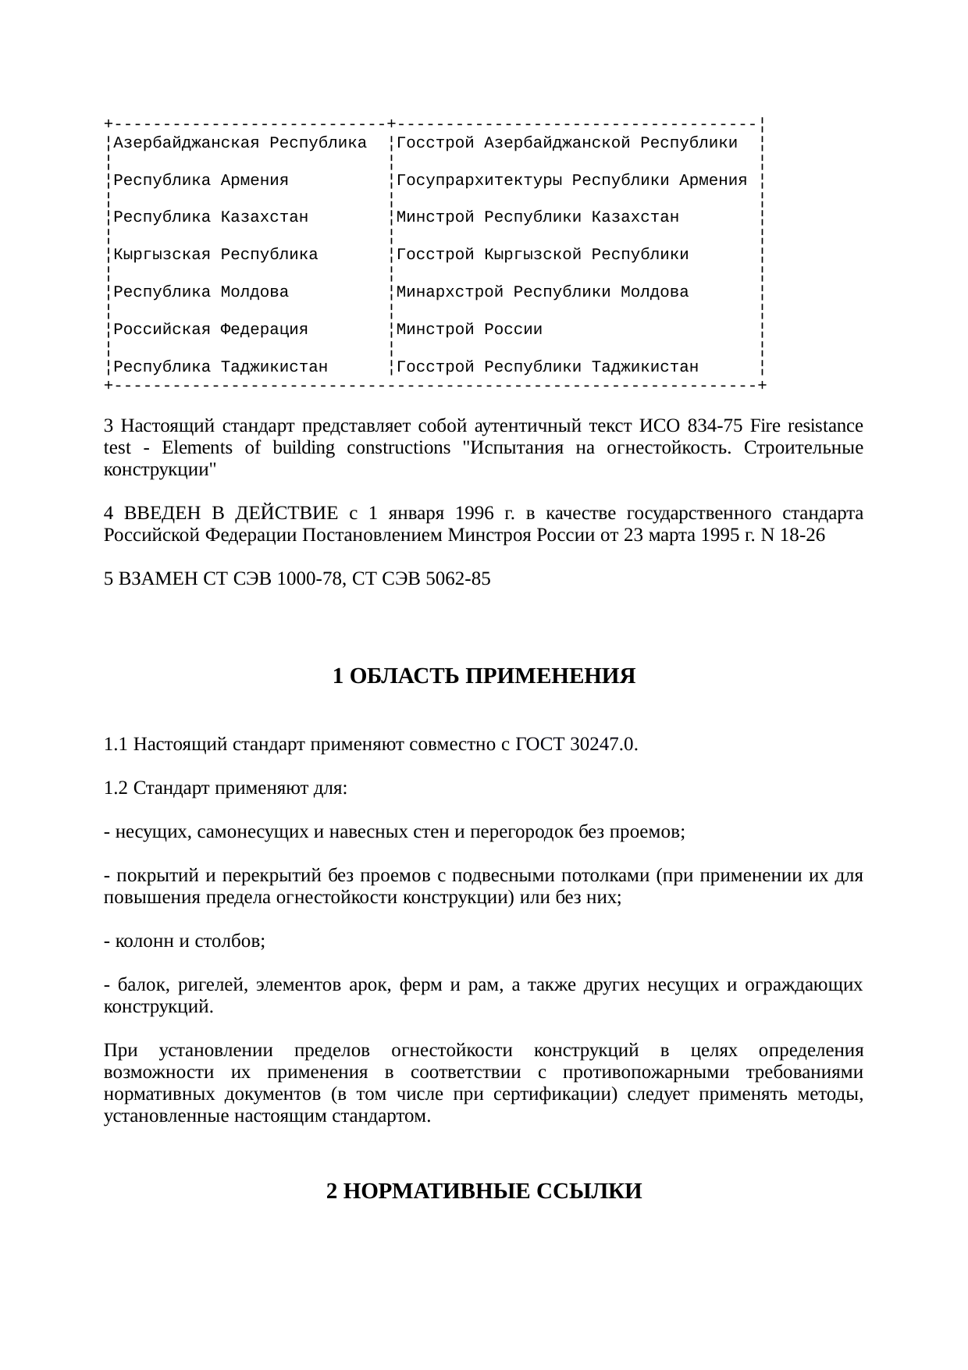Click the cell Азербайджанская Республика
pos(240,143)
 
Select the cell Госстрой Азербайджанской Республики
pos(567,143)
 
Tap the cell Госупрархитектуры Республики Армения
pos(571,180)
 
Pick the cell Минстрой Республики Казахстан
pos(538,217)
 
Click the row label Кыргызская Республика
pos(215,254)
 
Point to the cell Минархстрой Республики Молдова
pos(543,292)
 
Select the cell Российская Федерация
pos(211,329)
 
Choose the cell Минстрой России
pos(469,329)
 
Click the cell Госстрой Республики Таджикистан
pos(547,367)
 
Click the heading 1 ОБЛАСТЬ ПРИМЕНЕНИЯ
pos(484,676)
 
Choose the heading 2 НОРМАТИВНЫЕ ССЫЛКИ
pos(484,1191)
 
